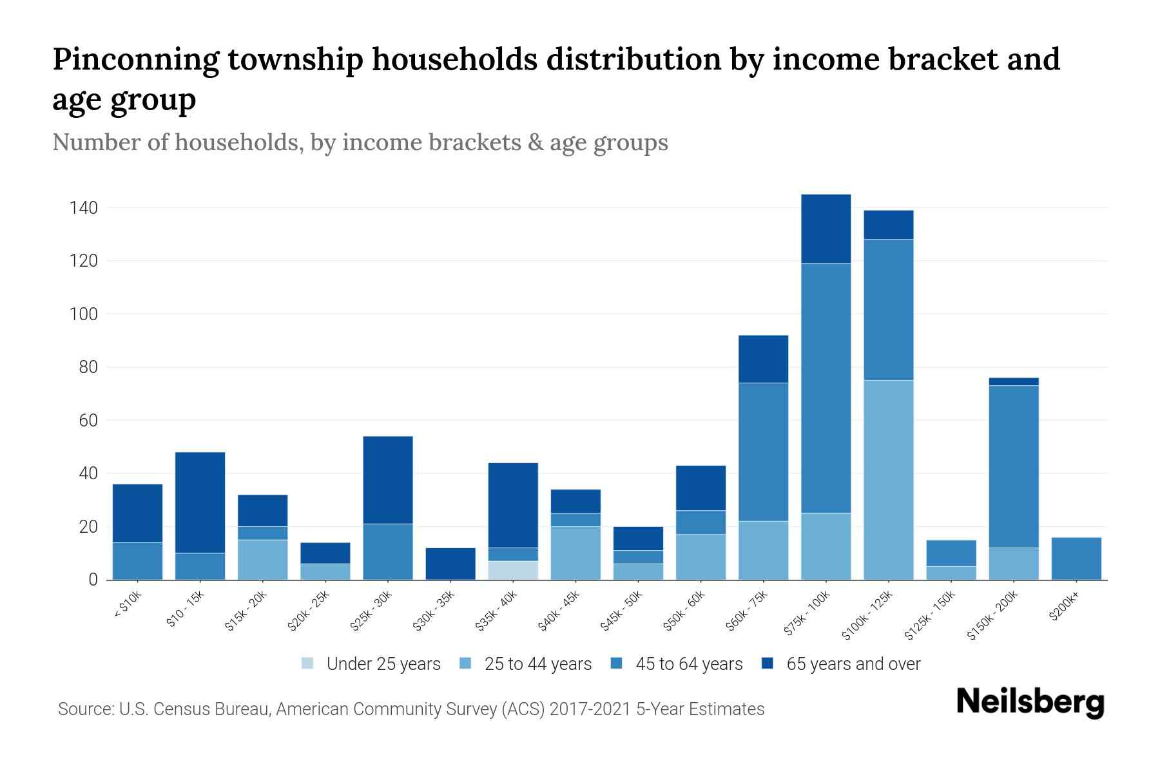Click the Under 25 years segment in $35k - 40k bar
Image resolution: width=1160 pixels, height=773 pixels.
point(513,570)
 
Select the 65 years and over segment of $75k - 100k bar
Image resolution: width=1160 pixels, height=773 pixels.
point(826,229)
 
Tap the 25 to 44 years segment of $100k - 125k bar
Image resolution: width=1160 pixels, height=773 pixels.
point(888,480)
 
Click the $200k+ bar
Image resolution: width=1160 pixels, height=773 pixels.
point(1076,558)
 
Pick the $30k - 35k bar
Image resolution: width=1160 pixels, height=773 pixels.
point(450,564)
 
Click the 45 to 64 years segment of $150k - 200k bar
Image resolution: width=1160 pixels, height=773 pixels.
point(1013,466)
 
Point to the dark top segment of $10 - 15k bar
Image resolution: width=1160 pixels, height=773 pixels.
point(200,502)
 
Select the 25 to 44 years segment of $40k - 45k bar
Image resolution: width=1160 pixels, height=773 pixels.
point(575,553)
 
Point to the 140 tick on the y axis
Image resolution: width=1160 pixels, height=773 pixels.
point(84,208)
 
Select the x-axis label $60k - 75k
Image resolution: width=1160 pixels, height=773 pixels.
point(748,611)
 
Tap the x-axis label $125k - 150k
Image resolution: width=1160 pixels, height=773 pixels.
point(930,616)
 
